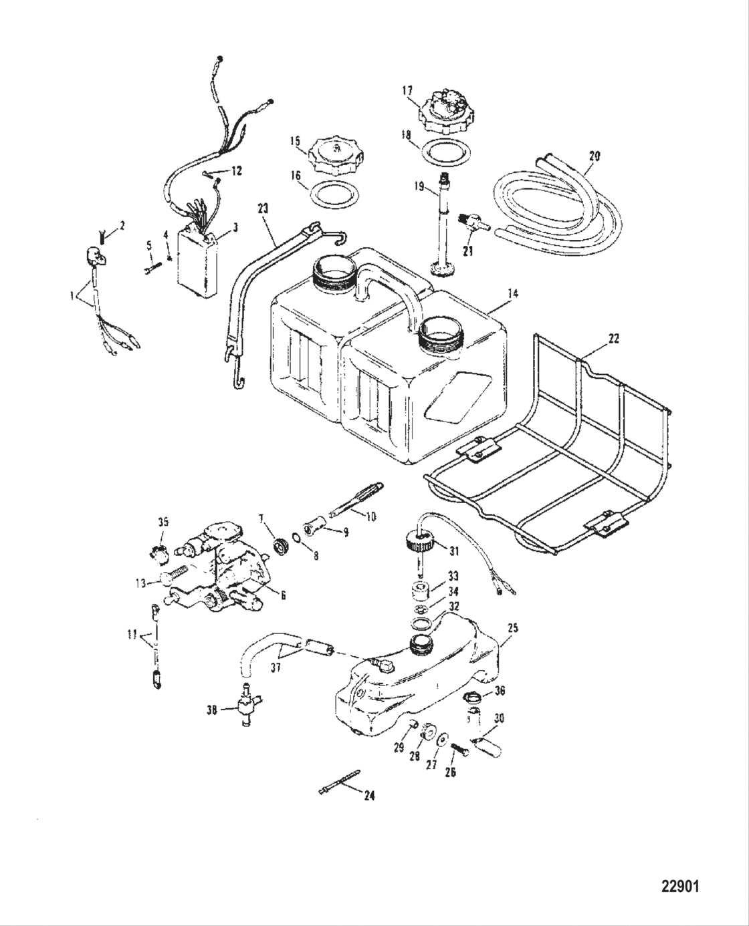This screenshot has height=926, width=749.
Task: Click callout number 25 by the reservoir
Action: pos(513,629)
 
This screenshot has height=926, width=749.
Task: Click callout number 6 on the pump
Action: pos(283,595)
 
